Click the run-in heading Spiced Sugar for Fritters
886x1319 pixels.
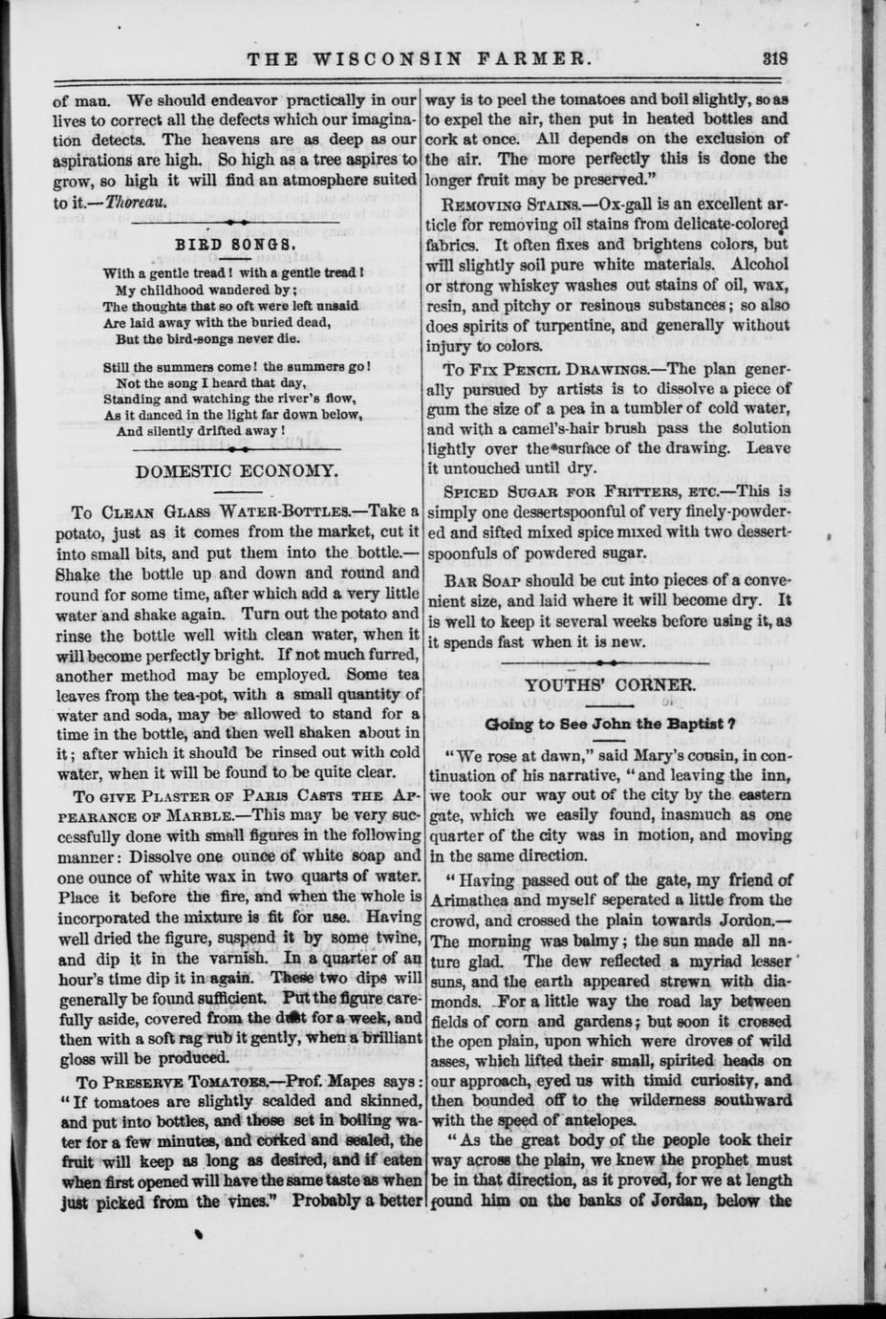[556, 491]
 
